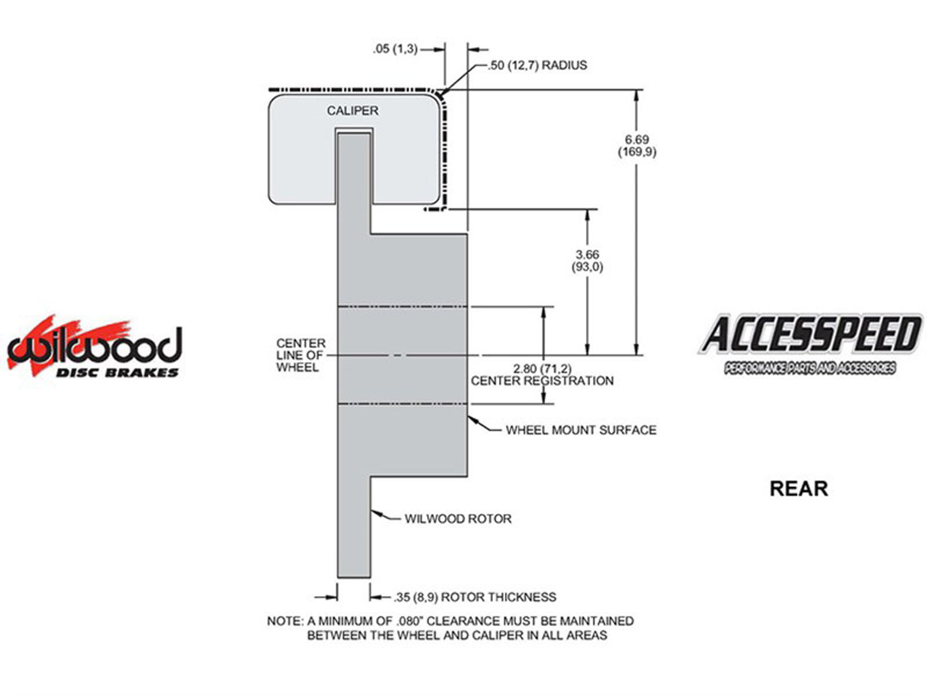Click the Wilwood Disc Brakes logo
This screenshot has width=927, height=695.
94,348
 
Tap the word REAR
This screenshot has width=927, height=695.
798,488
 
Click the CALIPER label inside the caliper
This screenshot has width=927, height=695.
352,111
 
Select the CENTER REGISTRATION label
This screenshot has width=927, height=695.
542,381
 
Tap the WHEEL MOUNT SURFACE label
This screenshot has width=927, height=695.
581,430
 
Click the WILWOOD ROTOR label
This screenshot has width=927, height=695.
458,518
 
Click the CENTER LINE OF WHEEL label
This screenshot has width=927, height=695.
300,355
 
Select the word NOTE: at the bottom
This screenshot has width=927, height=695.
284,621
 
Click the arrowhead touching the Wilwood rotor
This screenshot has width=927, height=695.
375,512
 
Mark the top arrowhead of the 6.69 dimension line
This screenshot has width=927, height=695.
637,96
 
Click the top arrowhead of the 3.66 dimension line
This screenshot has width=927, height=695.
587,215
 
